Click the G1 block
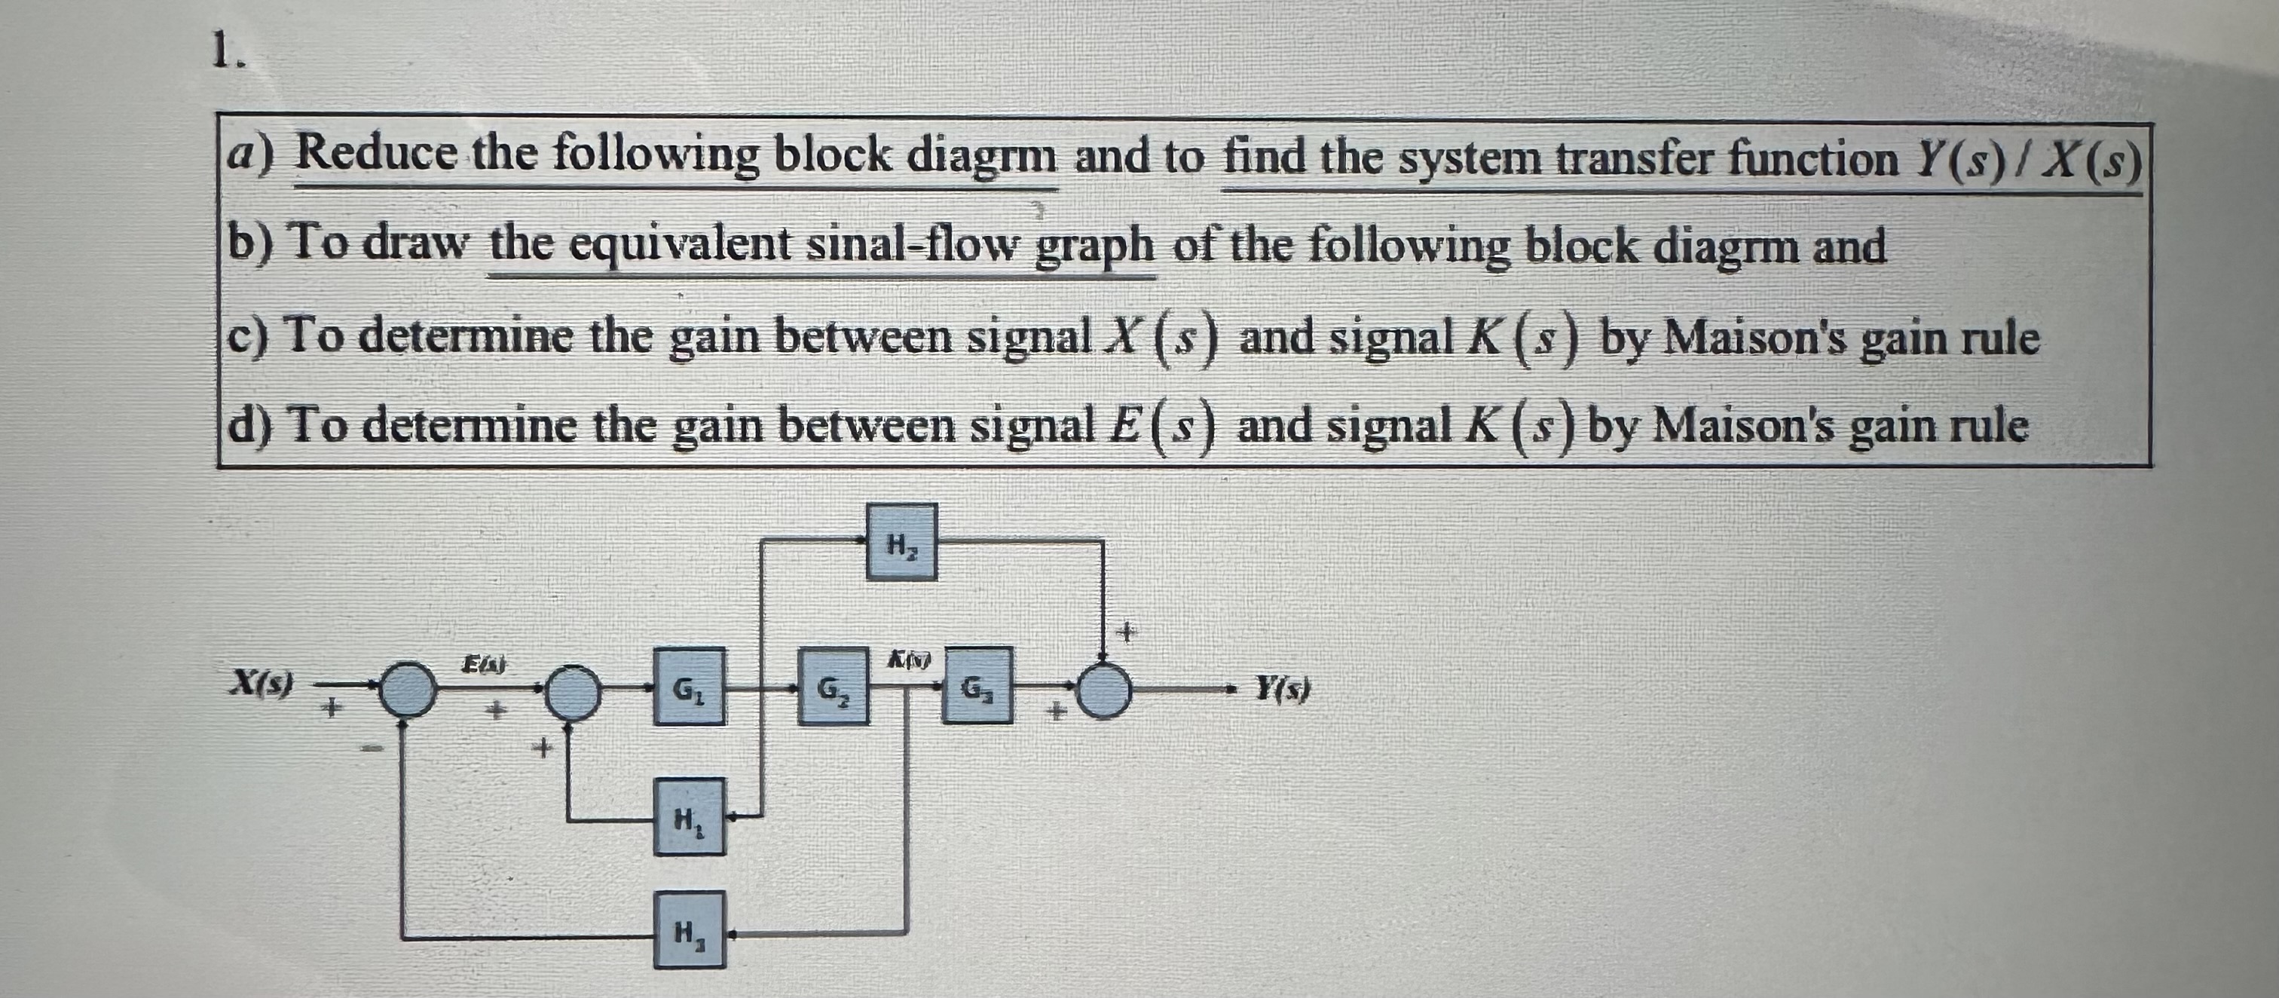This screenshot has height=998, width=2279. coord(689,686)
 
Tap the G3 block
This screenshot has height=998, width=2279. coord(977,686)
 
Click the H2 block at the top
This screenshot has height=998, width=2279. coord(901,541)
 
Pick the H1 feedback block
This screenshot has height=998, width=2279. coord(689,816)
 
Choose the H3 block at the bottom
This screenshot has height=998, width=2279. coord(689,929)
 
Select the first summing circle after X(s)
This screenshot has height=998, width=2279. coord(408,688)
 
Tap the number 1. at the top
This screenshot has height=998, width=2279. coord(230,55)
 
